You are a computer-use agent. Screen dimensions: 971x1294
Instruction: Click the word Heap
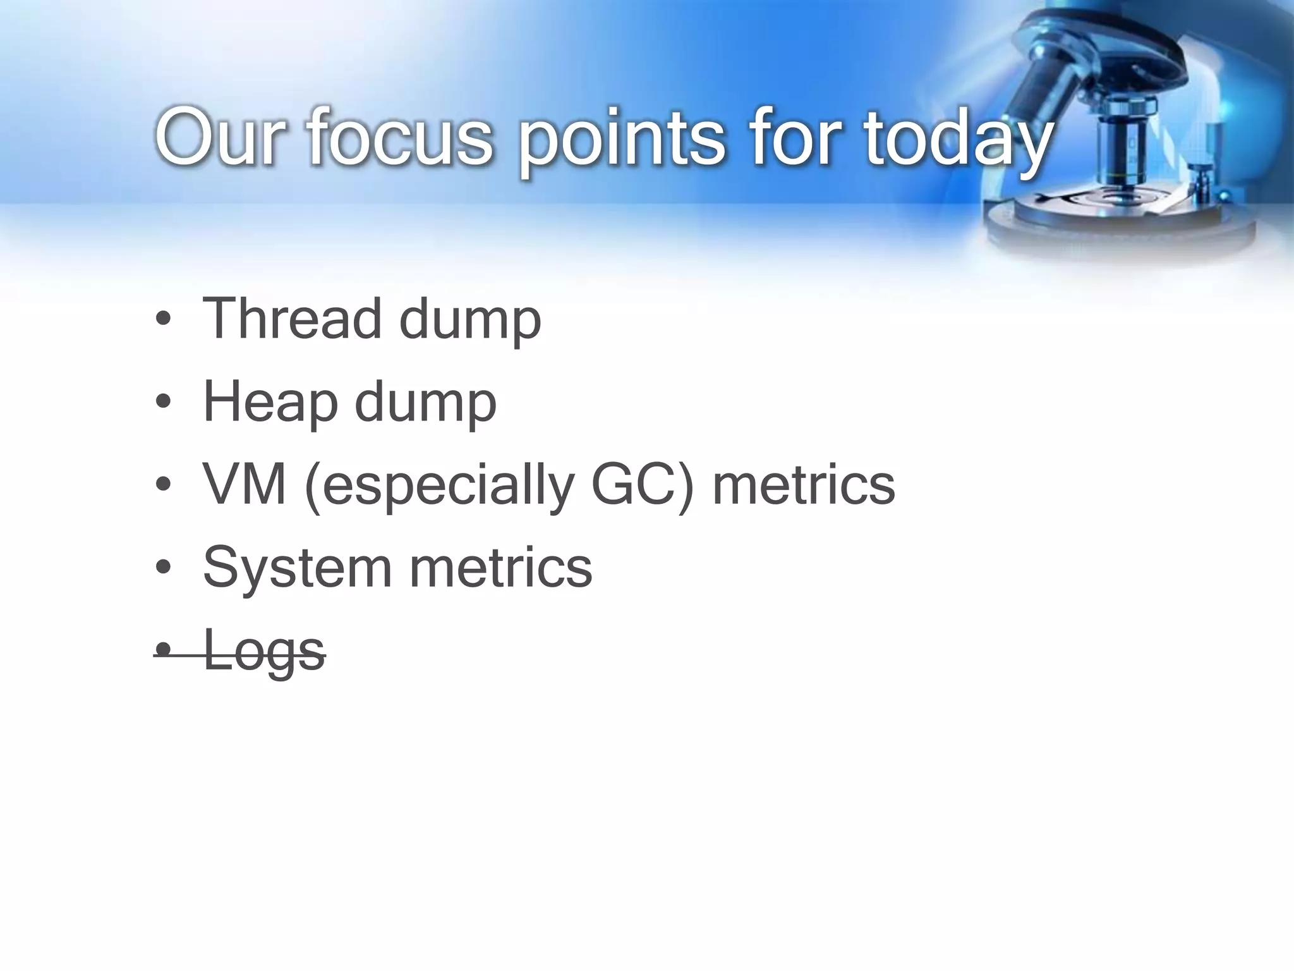[270, 402]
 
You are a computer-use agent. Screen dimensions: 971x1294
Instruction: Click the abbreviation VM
[245, 484]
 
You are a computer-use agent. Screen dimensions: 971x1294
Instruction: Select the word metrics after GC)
[803, 484]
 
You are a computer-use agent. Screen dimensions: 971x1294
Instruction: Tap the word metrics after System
[500, 568]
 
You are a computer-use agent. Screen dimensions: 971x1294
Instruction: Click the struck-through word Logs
[264, 651]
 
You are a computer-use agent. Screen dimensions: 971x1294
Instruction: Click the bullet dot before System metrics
[163, 568]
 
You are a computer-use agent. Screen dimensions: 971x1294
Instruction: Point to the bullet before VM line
[163, 485]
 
